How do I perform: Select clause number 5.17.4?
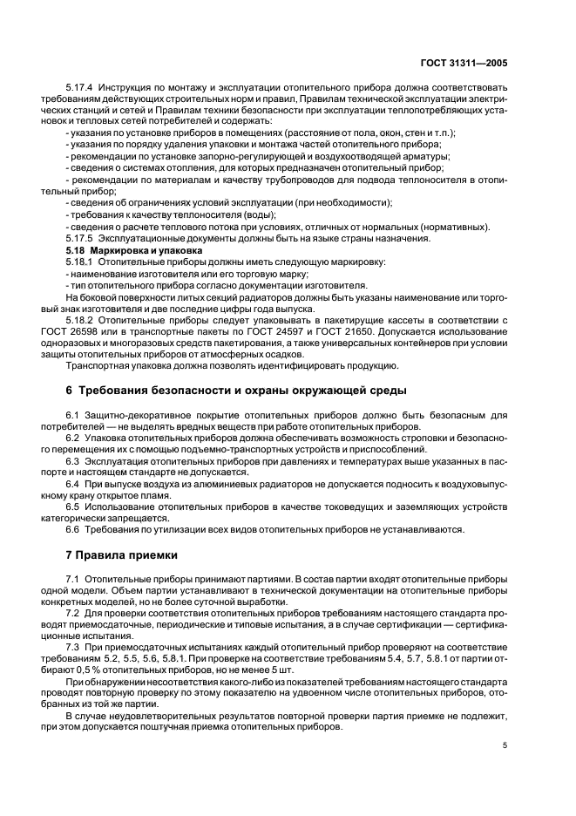click(x=81, y=88)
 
